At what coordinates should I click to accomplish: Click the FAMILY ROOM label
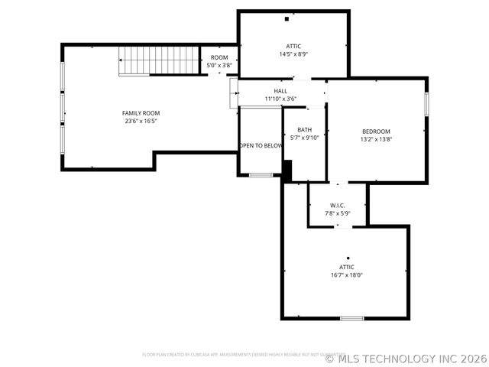pyautogui.click(x=141, y=113)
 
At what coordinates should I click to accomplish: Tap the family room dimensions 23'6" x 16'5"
pyautogui.click(x=141, y=121)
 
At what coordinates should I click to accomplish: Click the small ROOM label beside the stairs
pyautogui.click(x=219, y=57)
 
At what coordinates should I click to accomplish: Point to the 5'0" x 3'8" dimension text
pyautogui.click(x=219, y=65)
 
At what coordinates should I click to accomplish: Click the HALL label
pyautogui.click(x=280, y=91)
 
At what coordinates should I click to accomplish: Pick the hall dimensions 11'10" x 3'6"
pyautogui.click(x=280, y=99)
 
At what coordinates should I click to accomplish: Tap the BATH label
pyautogui.click(x=304, y=130)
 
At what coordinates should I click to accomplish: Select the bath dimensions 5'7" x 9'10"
pyautogui.click(x=304, y=138)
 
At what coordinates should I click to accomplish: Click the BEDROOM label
pyautogui.click(x=376, y=132)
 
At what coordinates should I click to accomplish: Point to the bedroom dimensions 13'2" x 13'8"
pyautogui.click(x=376, y=139)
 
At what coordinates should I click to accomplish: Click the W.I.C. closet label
pyautogui.click(x=338, y=206)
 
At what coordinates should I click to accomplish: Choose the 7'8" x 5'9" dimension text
pyautogui.click(x=338, y=214)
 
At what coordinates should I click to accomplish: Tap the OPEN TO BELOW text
pyautogui.click(x=261, y=145)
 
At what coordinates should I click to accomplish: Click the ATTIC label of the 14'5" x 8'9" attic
pyautogui.click(x=293, y=47)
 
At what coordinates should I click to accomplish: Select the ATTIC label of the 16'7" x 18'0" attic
pyautogui.click(x=347, y=267)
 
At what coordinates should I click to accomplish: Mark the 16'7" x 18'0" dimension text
pyautogui.click(x=347, y=274)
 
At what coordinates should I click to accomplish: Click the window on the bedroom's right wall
pyautogui.click(x=426, y=104)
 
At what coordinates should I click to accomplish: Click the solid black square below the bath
pyautogui.click(x=287, y=170)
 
